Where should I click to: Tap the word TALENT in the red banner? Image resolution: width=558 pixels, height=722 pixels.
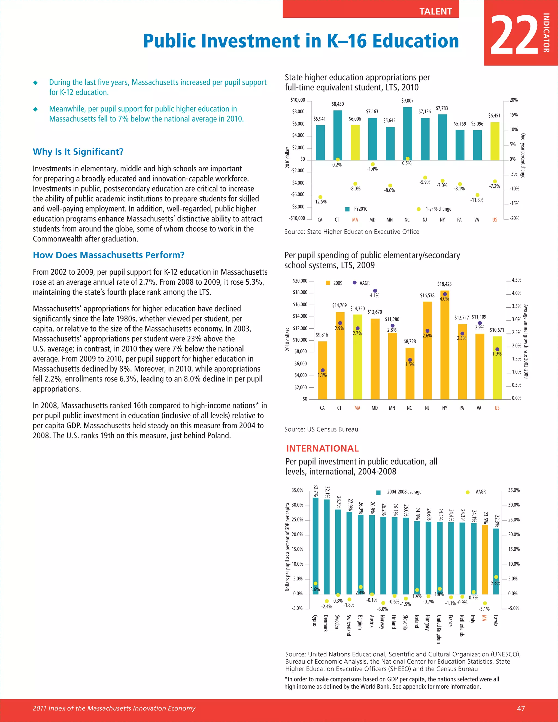click(x=435, y=11)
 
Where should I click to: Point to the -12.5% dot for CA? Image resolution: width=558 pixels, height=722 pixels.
click(x=320, y=197)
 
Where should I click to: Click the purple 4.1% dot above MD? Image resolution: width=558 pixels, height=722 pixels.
click(x=375, y=291)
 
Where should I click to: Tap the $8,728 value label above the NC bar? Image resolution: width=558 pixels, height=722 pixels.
click(x=410, y=341)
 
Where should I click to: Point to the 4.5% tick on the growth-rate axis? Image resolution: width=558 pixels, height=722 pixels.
click(x=516, y=280)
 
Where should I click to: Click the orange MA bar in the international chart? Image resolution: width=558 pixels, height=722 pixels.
click(x=485, y=560)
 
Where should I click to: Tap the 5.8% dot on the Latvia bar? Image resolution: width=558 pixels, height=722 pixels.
click(x=496, y=577)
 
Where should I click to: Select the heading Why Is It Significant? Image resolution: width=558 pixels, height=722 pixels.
click(x=78, y=152)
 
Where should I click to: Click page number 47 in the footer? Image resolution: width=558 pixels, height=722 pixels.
click(x=521, y=708)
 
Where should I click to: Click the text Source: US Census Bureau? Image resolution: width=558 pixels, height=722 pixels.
click(x=321, y=429)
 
